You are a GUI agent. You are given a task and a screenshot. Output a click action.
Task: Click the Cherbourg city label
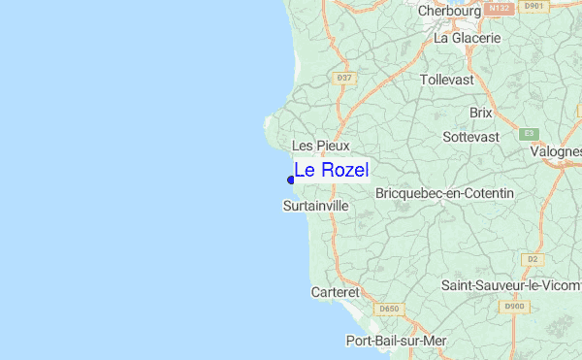tap(450, 12)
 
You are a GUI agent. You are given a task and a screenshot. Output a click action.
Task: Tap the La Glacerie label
tap(468, 39)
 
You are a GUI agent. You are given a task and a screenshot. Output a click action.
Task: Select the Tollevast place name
tap(447, 80)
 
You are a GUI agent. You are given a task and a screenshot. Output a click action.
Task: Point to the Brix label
tap(481, 113)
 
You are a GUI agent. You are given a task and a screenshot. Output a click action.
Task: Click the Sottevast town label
tap(470, 138)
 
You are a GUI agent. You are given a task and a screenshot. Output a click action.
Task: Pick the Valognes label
tap(555, 151)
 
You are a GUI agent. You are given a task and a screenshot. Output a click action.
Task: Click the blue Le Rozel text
tap(331, 170)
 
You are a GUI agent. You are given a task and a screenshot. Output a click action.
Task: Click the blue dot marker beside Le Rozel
tap(291, 180)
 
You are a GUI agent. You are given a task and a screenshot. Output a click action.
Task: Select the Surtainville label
tap(315, 207)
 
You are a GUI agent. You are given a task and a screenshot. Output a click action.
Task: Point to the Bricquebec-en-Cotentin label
tap(444, 194)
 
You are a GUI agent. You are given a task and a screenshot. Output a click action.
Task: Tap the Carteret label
tap(336, 291)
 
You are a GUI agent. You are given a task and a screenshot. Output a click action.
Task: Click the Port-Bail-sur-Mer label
tap(396, 341)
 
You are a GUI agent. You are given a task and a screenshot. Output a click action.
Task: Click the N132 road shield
tap(499, 8)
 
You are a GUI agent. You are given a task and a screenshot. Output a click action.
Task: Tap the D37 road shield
tap(342, 78)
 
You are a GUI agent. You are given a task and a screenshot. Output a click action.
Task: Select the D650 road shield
tap(389, 310)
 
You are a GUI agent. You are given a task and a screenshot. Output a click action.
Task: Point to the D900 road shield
tap(514, 307)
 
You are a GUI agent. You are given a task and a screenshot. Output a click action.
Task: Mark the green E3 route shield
tap(529, 133)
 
